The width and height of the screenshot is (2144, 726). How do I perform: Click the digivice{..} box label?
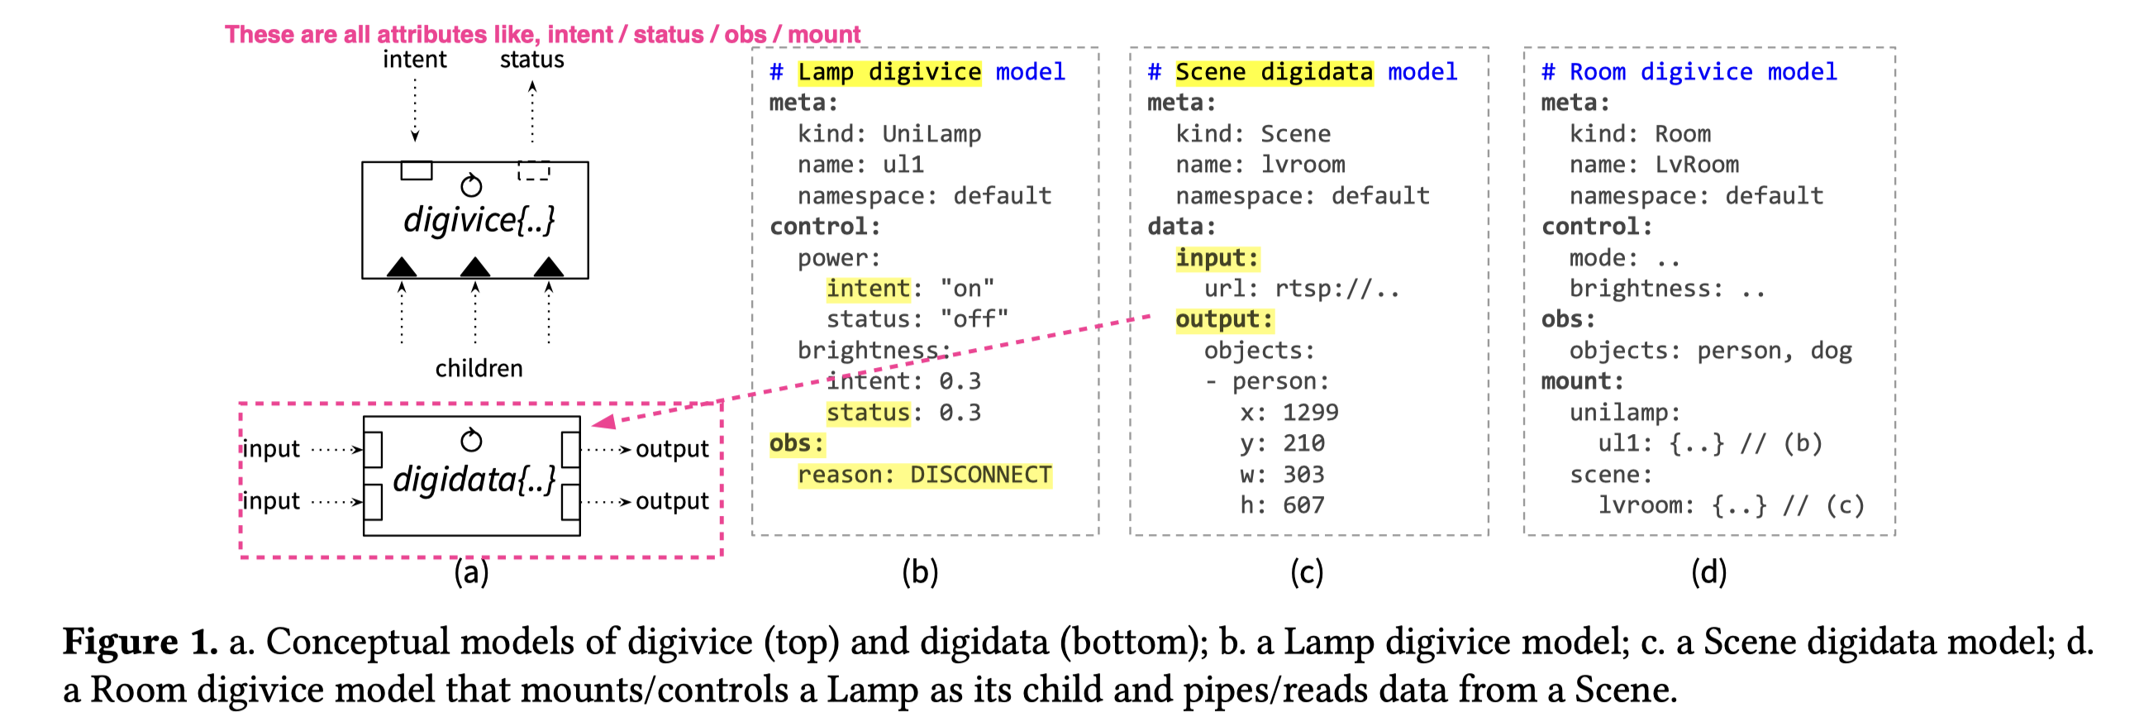(479, 221)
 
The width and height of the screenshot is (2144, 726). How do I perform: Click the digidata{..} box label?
(474, 480)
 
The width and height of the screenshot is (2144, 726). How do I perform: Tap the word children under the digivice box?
(479, 368)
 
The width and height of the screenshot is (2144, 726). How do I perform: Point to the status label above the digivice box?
(531, 60)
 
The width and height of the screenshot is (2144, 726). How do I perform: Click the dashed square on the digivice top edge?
(533, 170)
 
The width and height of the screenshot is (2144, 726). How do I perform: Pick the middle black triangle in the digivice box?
(475, 266)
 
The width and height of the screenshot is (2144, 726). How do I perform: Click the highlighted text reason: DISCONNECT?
(924, 475)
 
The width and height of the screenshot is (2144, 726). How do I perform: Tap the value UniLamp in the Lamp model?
(931, 134)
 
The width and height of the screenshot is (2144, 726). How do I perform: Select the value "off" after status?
(974, 319)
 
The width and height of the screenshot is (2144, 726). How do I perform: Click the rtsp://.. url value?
(1336, 289)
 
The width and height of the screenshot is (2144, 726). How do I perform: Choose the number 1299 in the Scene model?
(1310, 412)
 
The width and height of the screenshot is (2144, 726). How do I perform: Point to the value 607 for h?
(1303, 505)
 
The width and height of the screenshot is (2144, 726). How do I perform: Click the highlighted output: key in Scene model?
(1223, 320)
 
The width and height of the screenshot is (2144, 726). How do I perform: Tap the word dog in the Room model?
(1831, 351)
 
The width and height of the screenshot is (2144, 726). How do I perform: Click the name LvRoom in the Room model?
(1696, 165)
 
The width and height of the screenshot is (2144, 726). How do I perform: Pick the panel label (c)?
(1306, 572)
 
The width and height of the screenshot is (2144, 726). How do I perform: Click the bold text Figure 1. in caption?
(140, 641)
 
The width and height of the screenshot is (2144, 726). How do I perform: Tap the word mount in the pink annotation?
(823, 34)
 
